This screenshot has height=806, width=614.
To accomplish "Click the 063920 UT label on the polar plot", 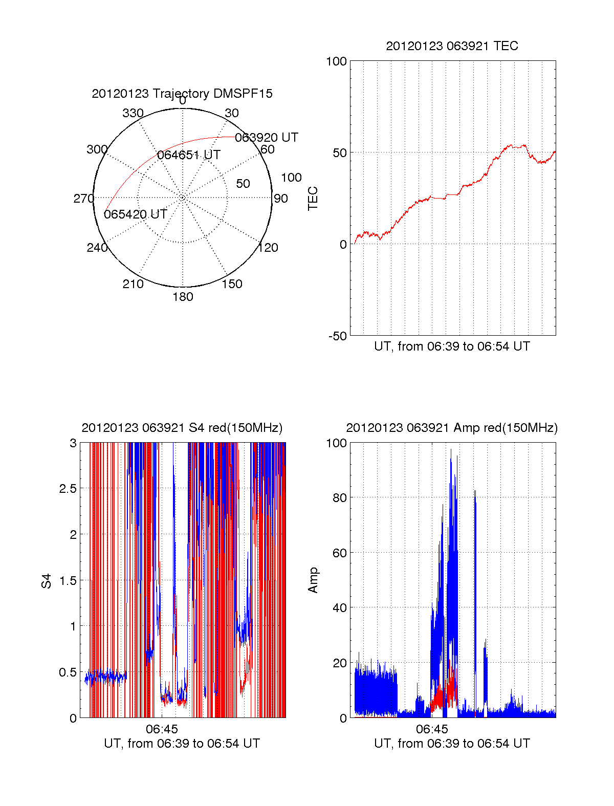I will click(x=266, y=138).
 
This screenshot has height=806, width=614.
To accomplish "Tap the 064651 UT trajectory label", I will click(x=188, y=155).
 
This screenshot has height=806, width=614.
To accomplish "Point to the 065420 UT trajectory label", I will click(x=135, y=214).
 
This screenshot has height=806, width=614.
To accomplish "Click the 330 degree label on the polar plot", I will click(x=133, y=113).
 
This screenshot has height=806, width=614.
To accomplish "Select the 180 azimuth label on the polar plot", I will click(x=183, y=297).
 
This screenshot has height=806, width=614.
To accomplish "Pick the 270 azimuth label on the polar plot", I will click(x=83, y=199).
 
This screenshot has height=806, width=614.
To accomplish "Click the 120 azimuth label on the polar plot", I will click(x=268, y=248).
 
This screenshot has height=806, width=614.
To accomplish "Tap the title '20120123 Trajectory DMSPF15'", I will click(x=182, y=94).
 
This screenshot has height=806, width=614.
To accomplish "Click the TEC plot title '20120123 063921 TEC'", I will click(x=452, y=46).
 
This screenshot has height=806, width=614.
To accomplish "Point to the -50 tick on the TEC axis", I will click(x=338, y=336).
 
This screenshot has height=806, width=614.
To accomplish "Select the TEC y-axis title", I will click(x=313, y=199).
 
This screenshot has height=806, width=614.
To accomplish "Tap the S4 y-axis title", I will click(x=47, y=581).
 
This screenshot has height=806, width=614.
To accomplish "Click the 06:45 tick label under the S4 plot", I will click(x=162, y=729).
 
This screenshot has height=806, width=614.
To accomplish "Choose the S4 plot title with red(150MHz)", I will click(x=182, y=428).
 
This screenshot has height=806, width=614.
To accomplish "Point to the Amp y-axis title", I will click(x=313, y=580).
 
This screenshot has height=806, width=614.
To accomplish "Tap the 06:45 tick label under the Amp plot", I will click(x=432, y=729).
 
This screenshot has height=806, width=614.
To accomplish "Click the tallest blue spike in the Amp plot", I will click(x=451, y=450).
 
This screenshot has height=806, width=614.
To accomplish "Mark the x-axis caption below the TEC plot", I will click(x=452, y=346).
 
